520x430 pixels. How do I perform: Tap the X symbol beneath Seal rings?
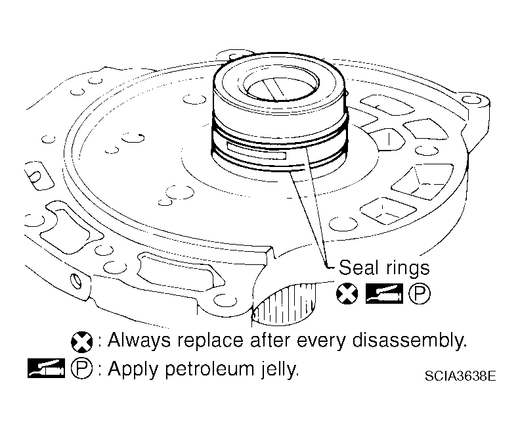pos(347,294)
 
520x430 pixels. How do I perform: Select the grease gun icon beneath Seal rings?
pos(384,294)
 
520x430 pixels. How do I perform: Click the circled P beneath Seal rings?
pos(420,294)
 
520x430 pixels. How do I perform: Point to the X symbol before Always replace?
pos(82,342)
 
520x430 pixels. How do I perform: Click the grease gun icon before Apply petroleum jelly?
pos(46,368)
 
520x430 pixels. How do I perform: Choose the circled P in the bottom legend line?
pos(82,368)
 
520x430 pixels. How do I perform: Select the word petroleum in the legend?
pos(209,370)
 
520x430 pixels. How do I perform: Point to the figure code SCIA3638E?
pos(460,376)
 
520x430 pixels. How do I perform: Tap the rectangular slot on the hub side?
pos(256,152)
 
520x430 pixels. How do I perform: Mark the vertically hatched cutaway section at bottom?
pos(283,304)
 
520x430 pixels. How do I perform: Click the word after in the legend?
pos(270,341)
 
